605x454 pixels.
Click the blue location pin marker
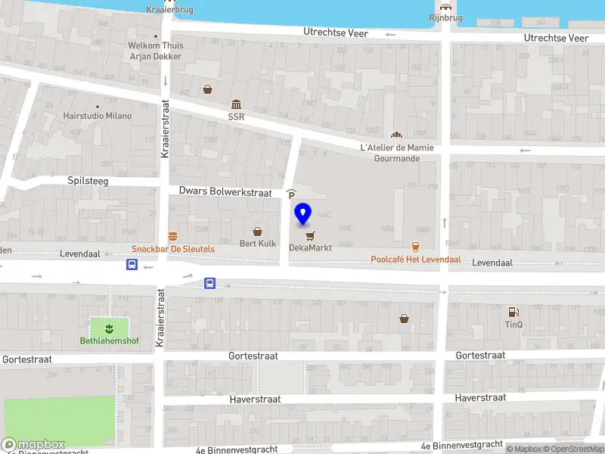(x=303, y=214)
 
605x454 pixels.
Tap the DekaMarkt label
(x=310, y=247)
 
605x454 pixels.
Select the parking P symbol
(x=291, y=194)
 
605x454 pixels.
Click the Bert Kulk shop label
(x=258, y=244)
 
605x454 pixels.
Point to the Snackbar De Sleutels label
(x=173, y=249)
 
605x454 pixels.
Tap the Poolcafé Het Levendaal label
(x=415, y=260)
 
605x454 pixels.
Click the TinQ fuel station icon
(x=513, y=311)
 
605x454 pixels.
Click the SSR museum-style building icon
(x=237, y=104)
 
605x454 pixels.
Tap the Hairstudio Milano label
(x=98, y=116)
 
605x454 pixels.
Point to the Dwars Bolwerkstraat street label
(x=225, y=192)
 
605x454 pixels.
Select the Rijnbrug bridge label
(x=445, y=17)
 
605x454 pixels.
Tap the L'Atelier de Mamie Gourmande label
(x=397, y=153)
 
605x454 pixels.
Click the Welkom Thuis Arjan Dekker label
(x=155, y=50)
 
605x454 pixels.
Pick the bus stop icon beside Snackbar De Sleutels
(x=132, y=265)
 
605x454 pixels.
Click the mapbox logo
(x=33, y=444)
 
